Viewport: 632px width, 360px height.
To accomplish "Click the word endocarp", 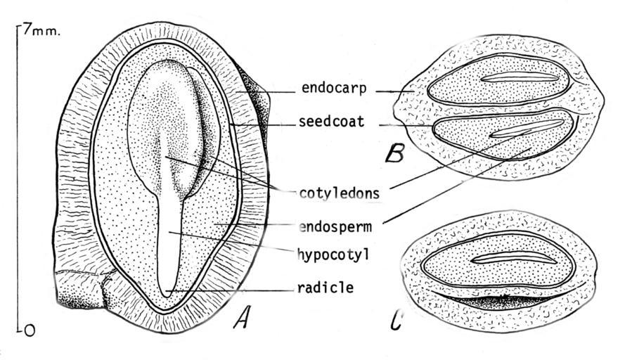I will point(333,89).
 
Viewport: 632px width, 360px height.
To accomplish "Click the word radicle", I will point(324,287).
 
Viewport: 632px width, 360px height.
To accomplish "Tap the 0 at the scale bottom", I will point(28,329).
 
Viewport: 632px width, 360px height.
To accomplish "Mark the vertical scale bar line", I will point(17,176).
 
